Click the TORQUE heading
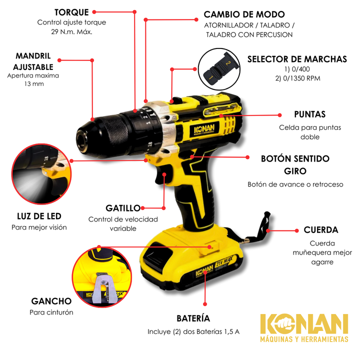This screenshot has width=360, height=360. coord(71,12)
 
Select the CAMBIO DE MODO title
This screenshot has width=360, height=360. coord(244,14)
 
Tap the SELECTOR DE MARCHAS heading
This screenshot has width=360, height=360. coord(297,59)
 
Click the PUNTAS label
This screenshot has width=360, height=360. coord(310,114)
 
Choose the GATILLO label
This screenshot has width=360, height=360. coord(123,208)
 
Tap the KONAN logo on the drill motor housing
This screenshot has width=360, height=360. coord(204,129)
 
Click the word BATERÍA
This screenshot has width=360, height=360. coord(193,318)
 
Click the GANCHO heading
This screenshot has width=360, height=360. coord(51,301)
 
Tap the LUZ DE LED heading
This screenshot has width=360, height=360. coord(39,216)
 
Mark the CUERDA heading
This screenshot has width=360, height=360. coord(321,230)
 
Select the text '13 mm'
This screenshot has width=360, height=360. coord(34,84)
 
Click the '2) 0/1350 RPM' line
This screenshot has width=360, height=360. coord(298,78)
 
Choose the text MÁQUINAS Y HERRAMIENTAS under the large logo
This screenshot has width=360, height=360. coord(304,339)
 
